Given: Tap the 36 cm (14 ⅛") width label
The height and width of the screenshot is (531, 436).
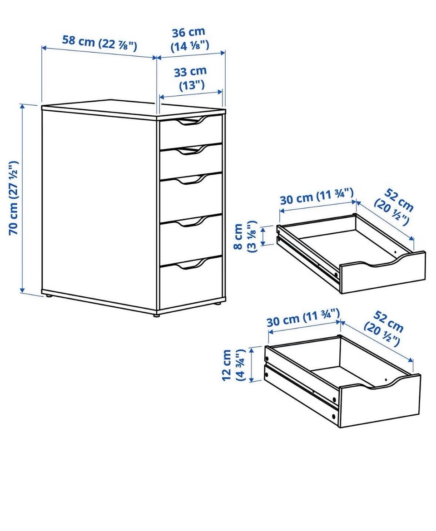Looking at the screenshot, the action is pos(189,39).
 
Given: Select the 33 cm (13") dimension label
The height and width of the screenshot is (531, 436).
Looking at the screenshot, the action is pos(190,78).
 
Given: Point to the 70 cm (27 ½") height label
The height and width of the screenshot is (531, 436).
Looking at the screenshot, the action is pos(14,198).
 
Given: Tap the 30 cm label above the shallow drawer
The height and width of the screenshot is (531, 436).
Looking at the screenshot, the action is pos(317,197).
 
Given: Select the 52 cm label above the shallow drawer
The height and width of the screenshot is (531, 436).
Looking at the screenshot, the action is pos(394,207).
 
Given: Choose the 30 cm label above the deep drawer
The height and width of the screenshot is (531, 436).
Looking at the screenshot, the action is pos(303,318).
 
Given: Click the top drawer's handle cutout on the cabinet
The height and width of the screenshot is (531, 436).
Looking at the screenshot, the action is pos(191,121).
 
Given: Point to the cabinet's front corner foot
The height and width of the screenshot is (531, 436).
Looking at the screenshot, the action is pos(156,315).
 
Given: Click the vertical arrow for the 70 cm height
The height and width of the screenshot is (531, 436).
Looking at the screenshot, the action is pos(23,198).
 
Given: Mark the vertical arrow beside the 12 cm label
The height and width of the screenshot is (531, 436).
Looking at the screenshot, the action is pos(251,365).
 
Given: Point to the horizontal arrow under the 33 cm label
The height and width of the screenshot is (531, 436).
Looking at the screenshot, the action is pos(191,94).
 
